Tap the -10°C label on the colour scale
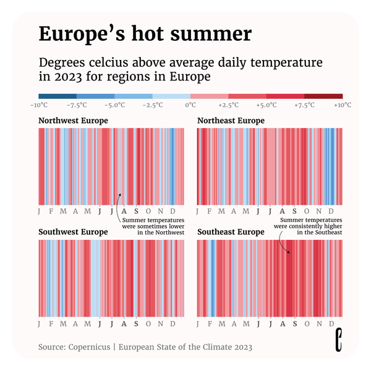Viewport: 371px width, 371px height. (x=40, y=105)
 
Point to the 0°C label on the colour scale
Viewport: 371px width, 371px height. (x=190, y=105)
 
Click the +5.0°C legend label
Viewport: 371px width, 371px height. (x=267, y=105)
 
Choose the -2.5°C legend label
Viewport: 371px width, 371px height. (x=153, y=105)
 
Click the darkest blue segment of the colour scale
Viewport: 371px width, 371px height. (x=57, y=96)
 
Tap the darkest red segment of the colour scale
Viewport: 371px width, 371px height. (x=323, y=96)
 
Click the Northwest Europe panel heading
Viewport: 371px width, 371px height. (x=73, y=121)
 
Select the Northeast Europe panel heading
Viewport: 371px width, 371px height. (x=231, y=121)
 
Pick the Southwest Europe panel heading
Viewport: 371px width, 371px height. (x=73, y=232)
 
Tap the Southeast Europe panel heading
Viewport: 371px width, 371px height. (x=231, y=232)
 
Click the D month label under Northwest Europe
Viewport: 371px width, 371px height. (x=174, y=211)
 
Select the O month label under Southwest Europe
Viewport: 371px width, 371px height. (x=148, y=323)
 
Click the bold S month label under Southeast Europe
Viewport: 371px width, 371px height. (x=294, y=323)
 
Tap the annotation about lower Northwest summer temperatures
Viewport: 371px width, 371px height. (x=153, y=226)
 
